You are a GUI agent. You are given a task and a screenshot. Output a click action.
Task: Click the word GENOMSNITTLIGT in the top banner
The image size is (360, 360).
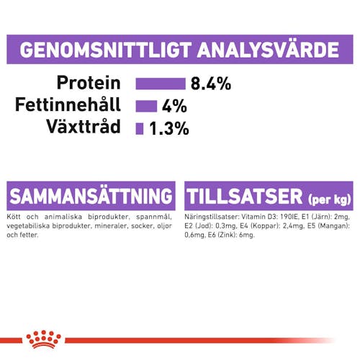pyautogui.click(x=106, y=50)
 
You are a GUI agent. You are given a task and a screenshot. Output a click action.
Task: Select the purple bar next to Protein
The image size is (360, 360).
pyautogui.click(x=161, y=84)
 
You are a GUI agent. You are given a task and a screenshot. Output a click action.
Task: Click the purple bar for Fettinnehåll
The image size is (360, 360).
pyautogui.click(x=146, y=106)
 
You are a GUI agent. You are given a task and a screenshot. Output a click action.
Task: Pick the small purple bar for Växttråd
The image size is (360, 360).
pyautogui.click(x=140, y=129)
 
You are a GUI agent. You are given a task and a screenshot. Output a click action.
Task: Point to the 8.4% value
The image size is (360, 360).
pyautogui.click(x=211, y=84)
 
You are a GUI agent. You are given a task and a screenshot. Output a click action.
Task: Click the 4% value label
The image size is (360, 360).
pyautogui.click(x=174, y=106)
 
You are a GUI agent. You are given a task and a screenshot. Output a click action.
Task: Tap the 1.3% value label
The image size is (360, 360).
pyautogui.click(x=169, y=128)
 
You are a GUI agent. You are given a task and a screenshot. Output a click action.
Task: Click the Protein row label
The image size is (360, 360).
pyautogui.click(x=89, y=83)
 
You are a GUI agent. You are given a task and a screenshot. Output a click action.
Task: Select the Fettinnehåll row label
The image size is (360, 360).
pyautogui.click(x=68, y=104)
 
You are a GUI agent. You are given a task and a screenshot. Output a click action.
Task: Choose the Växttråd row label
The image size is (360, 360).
pyautogui.click(x=84, y=126)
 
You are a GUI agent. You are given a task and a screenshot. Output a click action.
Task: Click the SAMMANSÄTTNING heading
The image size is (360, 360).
pyautogui.click(x=91, y=196)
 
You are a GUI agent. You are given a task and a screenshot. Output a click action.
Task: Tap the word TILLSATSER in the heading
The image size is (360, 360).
pyautogui.click(x=245, y=197)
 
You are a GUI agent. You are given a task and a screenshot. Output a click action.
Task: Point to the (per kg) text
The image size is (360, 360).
pyautogui.click(x=329, y=199)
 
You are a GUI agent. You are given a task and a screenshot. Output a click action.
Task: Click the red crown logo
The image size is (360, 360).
pyautogui.click(x=43, y=339)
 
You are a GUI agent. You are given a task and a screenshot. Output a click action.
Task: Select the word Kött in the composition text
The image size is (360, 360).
pyautogui.click(x=14, y=217)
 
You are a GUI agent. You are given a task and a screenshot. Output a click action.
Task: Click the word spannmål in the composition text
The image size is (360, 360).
pyautogui.click(x=154, y=217)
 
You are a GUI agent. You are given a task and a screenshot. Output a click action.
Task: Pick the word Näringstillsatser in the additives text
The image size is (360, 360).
pyautogui.click(x=212, y=217)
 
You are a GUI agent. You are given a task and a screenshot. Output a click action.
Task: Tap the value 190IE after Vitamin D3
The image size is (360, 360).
pyautogui.click(x=289, y=217)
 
